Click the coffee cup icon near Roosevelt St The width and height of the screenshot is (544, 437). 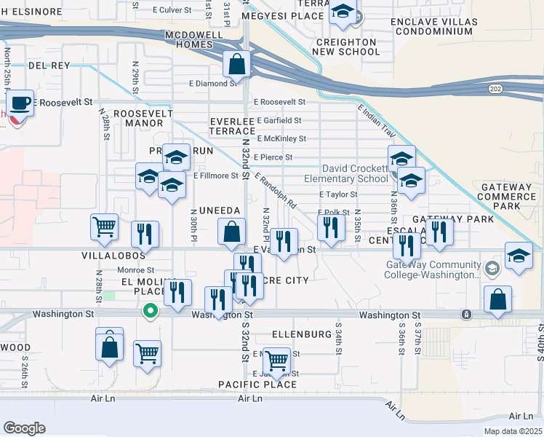(21, 103)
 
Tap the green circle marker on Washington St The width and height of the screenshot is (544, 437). (151, 311)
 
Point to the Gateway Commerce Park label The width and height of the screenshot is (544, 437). (508, 197)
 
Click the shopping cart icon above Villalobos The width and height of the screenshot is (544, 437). (105, 227)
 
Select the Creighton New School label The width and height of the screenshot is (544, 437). (345, 47)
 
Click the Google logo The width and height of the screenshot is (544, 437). (24, 428)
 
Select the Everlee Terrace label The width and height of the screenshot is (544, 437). (231, 125)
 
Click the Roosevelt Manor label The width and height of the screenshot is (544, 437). (143, 119)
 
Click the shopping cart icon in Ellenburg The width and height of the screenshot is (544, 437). (276, 360)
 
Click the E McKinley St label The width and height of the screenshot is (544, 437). (281, 138)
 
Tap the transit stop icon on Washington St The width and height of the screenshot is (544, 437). (465, 315)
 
